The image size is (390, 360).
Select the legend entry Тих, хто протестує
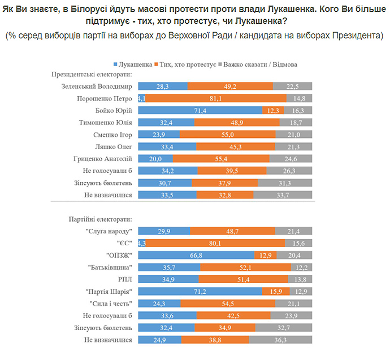(185, 64)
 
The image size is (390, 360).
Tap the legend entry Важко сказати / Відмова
(259, 64)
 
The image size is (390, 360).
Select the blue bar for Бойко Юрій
(200, 111)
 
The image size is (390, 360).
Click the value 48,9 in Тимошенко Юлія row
(236, 123)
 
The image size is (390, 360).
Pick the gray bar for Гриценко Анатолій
(291, 159)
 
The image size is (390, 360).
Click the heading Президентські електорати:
(92, 74)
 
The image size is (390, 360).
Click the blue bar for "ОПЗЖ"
(196, 255)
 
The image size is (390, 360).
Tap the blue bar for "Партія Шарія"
(200, 291)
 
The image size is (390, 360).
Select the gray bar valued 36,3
(280, 340)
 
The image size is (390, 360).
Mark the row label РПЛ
(124, 279)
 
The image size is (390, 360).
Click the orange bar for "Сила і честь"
(228, 303)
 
